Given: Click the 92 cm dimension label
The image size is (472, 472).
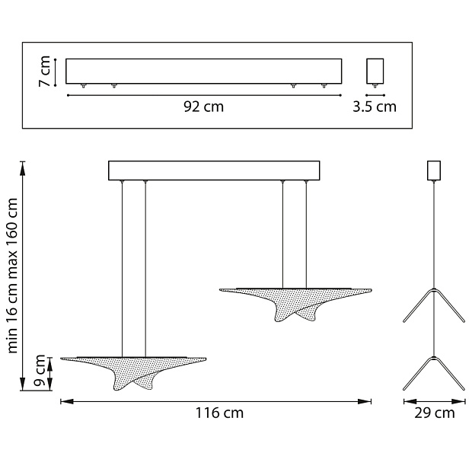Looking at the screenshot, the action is coord(204,107).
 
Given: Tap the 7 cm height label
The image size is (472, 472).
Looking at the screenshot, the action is coord(45,72).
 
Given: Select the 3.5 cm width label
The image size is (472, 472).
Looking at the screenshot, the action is coord(375,107).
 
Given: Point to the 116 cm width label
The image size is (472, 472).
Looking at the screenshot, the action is coord(219,413).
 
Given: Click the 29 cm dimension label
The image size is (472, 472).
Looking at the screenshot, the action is coord(435,413).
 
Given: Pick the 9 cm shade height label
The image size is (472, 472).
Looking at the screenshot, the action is coord(39,371).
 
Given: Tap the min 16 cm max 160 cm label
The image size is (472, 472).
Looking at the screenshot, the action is coord(12,276).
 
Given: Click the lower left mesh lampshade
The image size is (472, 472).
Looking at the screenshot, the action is coord(133,373).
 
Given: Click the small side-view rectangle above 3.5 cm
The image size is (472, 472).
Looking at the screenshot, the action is coord(375,71).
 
